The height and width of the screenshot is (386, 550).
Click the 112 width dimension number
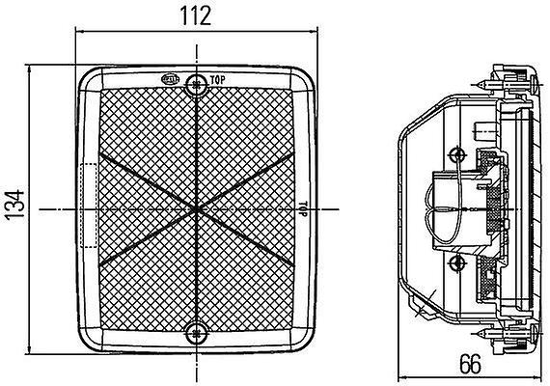(195, 15)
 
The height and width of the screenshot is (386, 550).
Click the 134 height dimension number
(15, 206)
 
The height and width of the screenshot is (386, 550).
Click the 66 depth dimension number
(470, 364)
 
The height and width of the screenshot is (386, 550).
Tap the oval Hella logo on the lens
(171, 79)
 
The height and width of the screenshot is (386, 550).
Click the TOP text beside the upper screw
(217, 80)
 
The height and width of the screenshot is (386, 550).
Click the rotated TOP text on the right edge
(303, 208)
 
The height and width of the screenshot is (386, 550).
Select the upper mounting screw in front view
(197, 84)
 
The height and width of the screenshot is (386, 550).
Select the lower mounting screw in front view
(197, 333)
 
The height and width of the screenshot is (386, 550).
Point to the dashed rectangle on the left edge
(89, 206)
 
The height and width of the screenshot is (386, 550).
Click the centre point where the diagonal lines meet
(197, 209)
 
